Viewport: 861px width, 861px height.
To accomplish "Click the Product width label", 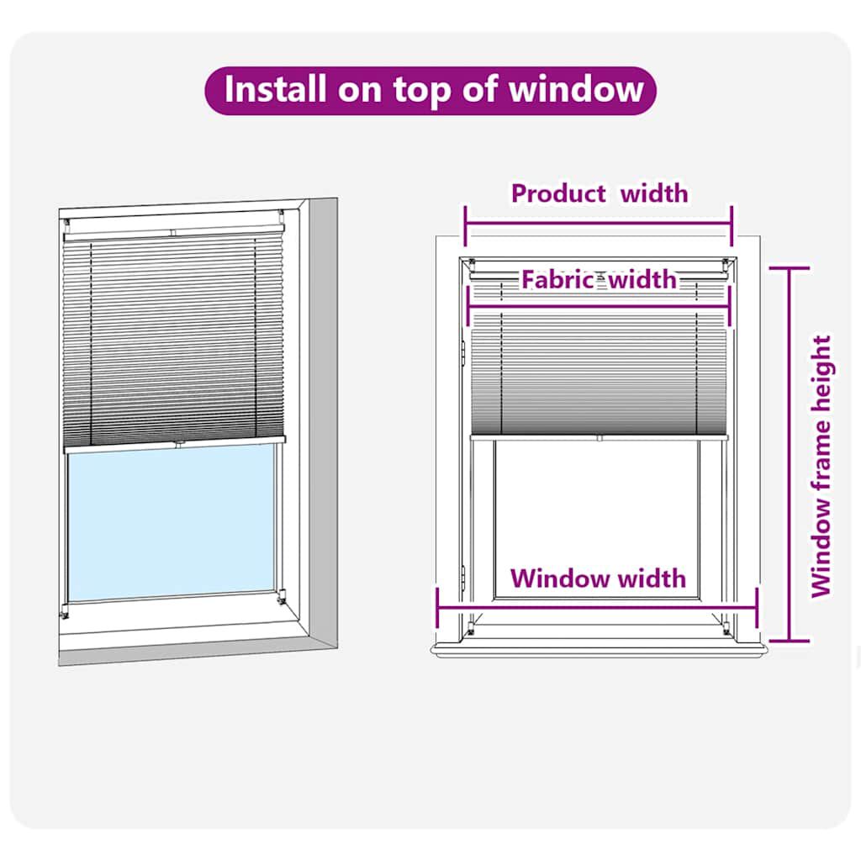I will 599,193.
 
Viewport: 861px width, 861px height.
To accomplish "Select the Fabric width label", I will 599,279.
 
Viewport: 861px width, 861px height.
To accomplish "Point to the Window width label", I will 598,578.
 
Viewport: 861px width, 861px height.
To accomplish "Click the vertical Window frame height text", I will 821,467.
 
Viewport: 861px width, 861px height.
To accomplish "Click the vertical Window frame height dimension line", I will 789,454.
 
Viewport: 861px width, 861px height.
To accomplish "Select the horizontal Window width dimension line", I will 598,607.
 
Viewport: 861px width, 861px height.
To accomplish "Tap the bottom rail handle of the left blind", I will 179,442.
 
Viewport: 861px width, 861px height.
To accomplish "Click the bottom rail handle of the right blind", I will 599,437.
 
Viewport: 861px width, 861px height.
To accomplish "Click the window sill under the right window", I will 598,649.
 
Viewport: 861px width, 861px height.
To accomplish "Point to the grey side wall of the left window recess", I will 323,420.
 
